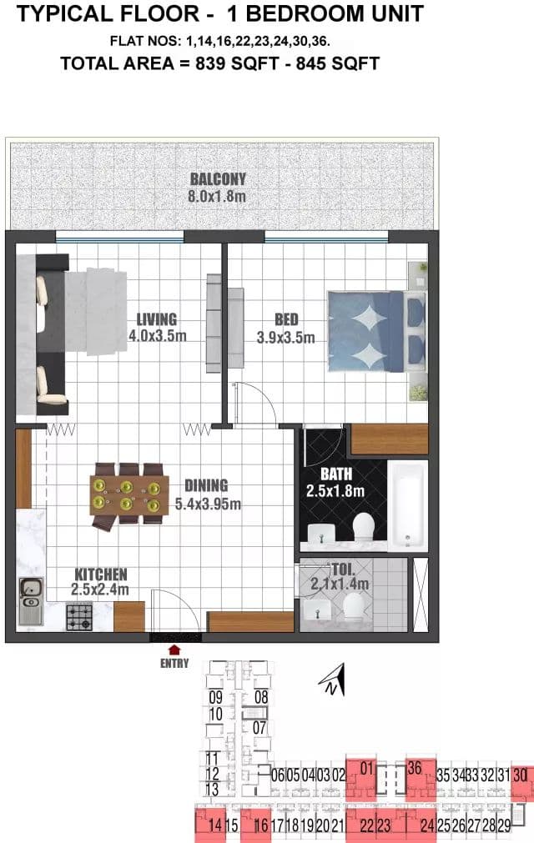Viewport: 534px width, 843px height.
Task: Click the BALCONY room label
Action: coord(218,179)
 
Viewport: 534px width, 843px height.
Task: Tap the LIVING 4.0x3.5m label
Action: coord(157,328)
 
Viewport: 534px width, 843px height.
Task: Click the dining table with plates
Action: coord(129,495)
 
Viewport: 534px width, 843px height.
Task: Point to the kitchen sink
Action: coord(31,601)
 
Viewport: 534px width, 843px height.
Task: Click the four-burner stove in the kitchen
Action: coord(79,616)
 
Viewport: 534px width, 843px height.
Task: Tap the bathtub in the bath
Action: coord(408,504)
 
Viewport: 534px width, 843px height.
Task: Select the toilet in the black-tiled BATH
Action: coord(363,527)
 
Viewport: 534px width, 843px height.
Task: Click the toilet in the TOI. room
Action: coord(355,607)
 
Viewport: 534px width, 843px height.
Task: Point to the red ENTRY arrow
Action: coord(174,650)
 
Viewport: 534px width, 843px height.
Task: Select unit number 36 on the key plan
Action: coord(414,768)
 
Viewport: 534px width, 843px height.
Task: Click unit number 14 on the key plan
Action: coord(214,825)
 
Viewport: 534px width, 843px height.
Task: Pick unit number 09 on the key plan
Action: coord(215,698)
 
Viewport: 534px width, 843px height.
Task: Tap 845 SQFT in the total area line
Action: coord(338,63)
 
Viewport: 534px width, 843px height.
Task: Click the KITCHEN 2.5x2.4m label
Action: coord(101,582)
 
